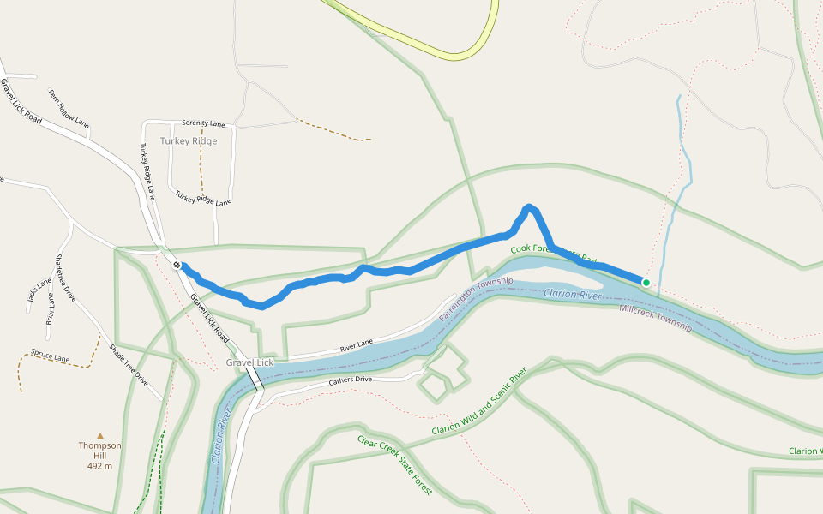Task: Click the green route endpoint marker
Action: tap(646, 282)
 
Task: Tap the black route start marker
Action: tap(177, 266)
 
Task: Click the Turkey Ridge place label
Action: tap(189, 141)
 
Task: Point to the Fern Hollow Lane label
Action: tap(69, 109)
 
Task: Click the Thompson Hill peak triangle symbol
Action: tap(99, 435)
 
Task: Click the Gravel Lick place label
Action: tap(249, 362)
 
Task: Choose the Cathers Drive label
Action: tap(351, 379)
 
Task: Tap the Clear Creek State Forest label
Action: tap(395, 465)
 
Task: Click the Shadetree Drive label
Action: tap(65, 278)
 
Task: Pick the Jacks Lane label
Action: tap(33, 296)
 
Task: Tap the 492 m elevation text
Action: tap(99, 466)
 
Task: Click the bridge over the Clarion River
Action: tap(255, 377)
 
